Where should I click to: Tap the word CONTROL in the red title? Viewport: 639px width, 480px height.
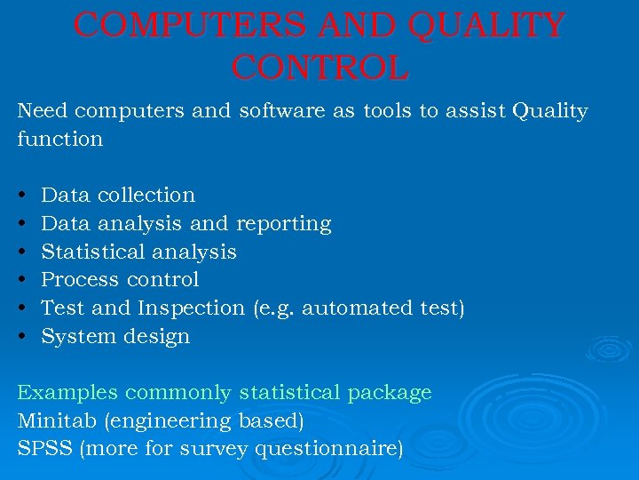[x=319, y=67]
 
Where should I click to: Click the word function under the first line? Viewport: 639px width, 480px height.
[x=60, y=140]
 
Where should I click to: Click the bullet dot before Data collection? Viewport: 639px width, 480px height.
[x=21, y=195]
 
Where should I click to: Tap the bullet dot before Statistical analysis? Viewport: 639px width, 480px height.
[x=21, y=252]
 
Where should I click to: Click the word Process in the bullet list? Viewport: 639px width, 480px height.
[x=81, y=280]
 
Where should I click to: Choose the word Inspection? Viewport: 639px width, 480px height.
[x=191, y=308]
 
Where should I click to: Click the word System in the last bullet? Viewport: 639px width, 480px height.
[x=75, y=337]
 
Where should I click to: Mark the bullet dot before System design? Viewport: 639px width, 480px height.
[x=21, y=337]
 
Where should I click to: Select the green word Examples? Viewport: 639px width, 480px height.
[x=67, y=393]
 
